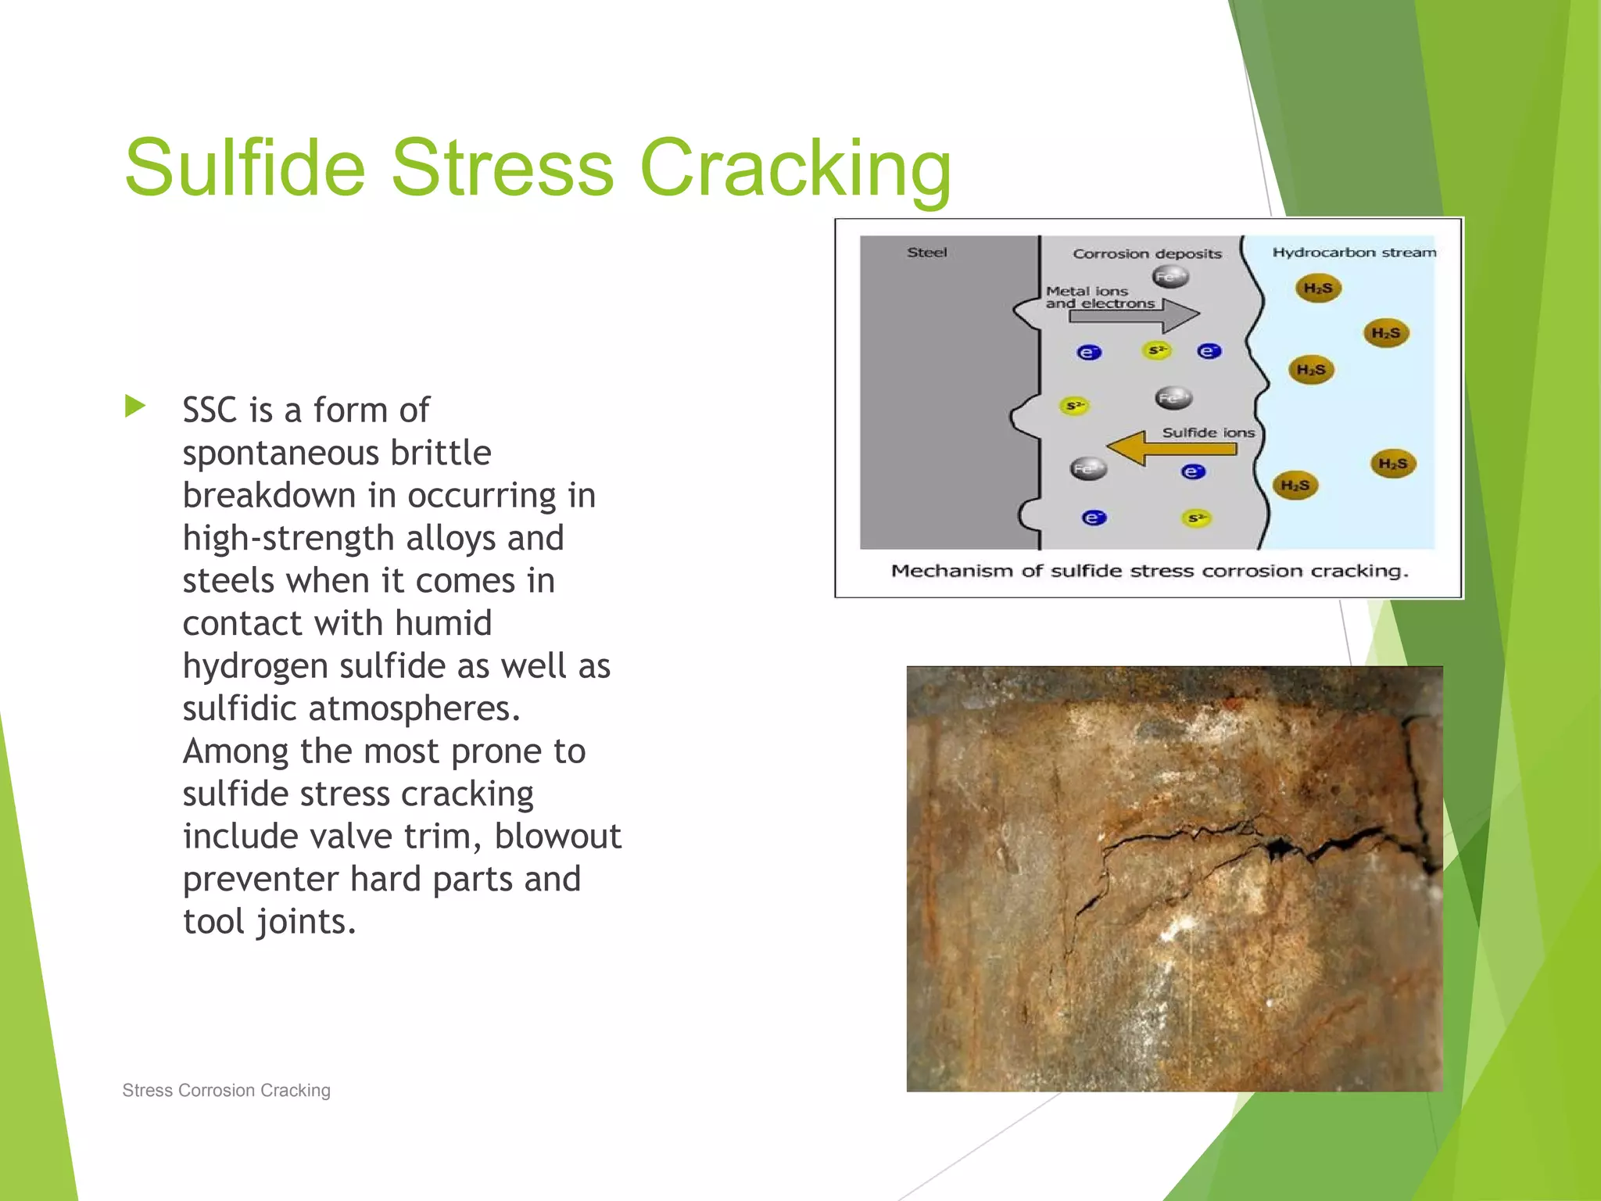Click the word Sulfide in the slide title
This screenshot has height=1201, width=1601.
[245, 167]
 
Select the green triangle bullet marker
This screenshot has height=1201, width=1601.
[135, 406]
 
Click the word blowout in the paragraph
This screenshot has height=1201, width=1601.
[557, 837]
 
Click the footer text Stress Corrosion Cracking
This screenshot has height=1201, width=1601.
[226, 1090]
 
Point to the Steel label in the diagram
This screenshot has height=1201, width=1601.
[926, 253]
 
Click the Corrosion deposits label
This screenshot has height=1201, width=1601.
[1147, 253]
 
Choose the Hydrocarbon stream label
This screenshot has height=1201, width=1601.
[1354, 253]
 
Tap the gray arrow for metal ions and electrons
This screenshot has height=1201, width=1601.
[1134, 316]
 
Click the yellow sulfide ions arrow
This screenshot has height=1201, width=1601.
[1172, 449]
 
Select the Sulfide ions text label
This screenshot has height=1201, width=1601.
[1208, 432]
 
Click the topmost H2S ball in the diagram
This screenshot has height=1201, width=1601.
[1318, 289]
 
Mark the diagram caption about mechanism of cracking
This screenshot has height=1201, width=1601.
[1149, 571]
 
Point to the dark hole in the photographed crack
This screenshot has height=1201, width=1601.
[1279, 847]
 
